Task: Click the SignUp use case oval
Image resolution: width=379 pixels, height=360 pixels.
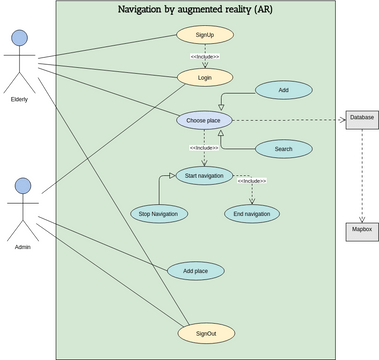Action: coord(205,35)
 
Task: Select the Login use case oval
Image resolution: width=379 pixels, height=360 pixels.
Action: coord(205,76)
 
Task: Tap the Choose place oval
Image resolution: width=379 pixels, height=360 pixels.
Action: coord(205,120)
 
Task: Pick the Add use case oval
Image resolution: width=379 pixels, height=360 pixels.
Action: coord(283,90)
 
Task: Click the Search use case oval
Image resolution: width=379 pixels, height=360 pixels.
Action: coord(283,149)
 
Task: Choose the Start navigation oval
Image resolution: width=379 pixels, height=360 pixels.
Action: coord(204,176)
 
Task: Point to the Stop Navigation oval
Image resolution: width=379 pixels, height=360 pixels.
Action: coord(158,213)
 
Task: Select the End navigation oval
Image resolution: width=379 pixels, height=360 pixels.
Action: coord(251,213)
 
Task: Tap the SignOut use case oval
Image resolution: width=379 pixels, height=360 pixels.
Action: coord(206,332)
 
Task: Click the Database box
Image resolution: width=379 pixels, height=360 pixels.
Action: coord(362,118)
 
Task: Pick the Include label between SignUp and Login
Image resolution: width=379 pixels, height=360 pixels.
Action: coord(204,56)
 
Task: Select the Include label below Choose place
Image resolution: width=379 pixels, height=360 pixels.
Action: coord(204,147)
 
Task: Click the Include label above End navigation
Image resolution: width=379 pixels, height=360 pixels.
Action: coord(251,181)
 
